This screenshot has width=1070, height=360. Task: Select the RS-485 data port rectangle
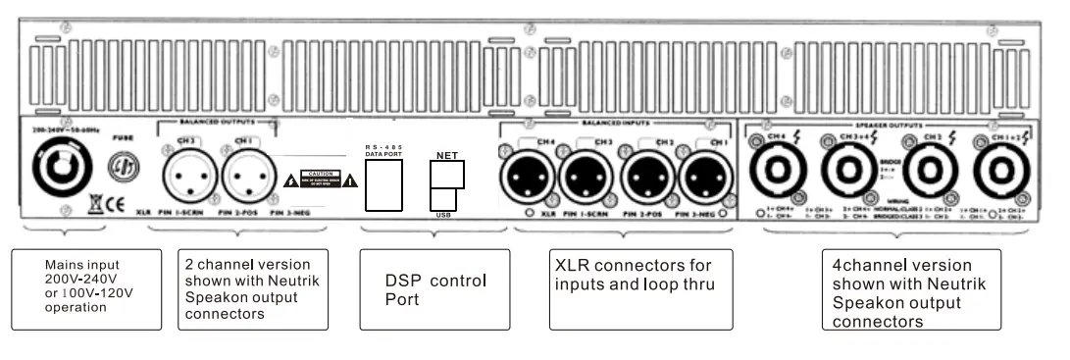pyautogui.click(x=385, y=183)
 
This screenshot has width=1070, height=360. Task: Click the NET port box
pyautogui.click(x=446, y=173)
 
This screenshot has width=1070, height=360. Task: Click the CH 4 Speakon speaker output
pyautogui.click(x=781, y=175)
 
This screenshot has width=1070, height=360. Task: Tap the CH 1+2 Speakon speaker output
pyautogui.click(x=1000, y=175)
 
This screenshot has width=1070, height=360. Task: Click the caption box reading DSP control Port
pyautogui.click(x=434, y=288)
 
